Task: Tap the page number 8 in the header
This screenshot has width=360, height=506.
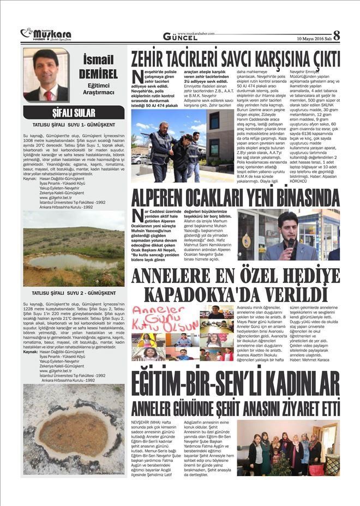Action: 337,35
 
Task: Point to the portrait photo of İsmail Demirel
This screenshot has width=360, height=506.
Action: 46,75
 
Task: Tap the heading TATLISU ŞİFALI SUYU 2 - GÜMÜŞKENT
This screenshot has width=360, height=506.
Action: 74,293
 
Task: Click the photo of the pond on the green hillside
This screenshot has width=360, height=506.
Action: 74,249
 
